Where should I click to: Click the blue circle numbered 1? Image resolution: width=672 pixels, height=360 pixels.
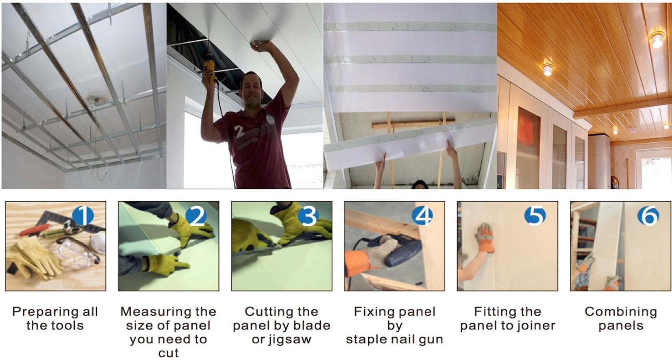[x=83, y=215]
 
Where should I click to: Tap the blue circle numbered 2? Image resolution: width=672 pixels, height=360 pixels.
[x=196, y=215]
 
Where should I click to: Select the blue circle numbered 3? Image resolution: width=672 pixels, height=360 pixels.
[x=309, y=215]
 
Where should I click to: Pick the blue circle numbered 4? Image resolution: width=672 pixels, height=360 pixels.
[x=422, y=215]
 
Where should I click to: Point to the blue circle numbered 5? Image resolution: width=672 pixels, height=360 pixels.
[x=535, y=215]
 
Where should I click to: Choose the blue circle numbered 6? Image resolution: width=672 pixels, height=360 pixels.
[x=648, y=215]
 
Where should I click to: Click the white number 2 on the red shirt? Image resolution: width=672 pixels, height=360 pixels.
[x=239, y=132]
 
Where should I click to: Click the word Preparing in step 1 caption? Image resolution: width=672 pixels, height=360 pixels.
[x=43, y=312]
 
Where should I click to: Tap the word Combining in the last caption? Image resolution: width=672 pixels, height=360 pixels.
[x=621, y=312]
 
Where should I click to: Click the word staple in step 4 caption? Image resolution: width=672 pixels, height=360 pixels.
[x=366, y=340]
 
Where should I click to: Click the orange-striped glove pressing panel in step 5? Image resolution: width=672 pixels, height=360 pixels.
[x=483, y=238]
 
